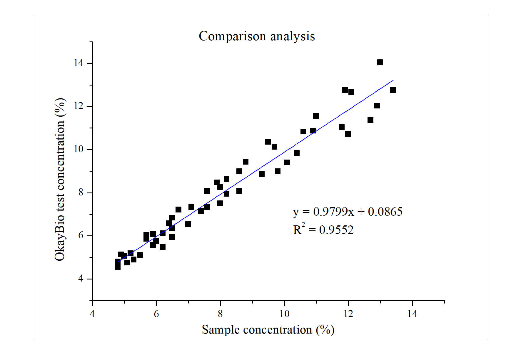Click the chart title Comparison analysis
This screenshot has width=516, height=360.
click(x=257, y=36)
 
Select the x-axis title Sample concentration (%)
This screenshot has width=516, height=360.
click(x=268, y=330)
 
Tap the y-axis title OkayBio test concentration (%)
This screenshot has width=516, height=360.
click(x=60, y=179)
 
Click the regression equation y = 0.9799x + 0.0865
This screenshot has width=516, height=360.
click(x=348, y=212)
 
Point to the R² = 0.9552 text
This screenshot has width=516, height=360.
click(x=323, y=230)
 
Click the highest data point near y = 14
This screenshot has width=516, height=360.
click(x=380, y=62)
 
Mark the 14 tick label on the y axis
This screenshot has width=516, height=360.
click(x=79, y=63)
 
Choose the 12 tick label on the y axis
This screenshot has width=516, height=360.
click(x=79, y=106)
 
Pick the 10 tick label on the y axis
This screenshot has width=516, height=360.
click(x=79, y=149)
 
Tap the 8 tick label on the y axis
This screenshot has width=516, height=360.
click(x=81, y=192)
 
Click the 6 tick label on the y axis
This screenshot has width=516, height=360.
click(x=81, y=236)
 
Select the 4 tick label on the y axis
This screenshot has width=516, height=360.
click(x=81, y=279)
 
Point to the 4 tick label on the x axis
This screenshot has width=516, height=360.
click(x=92, y=314)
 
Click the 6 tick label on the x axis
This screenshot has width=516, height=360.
click(x=156, y=314)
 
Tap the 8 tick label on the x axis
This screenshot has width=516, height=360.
click(x=220, y=314)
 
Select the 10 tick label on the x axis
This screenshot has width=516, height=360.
click(x=284, y=314)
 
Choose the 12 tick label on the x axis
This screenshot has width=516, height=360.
click(x=348, y=314)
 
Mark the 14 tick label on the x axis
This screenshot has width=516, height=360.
click(x=412, y=314)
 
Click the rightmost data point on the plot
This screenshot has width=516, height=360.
click(x=393, y=90)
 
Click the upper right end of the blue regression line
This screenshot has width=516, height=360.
click(x=393, y=80)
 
